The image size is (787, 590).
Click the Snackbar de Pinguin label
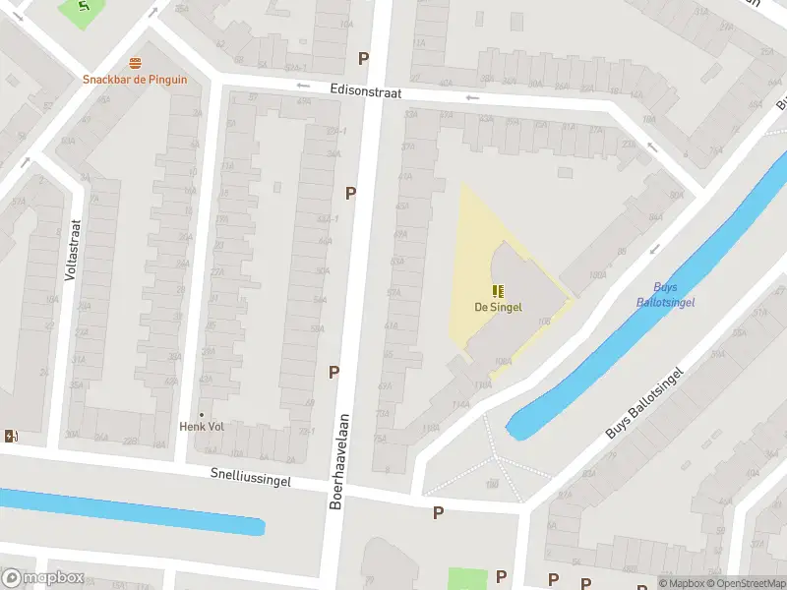[x=135, y=80]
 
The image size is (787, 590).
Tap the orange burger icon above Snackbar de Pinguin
[x=135, y=64]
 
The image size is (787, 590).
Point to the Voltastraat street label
[x=70, y=250]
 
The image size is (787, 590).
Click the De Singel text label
[x=498, y=307]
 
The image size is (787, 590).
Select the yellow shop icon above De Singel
[x=498, y=290]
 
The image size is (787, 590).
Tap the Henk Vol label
[x=202, y=427]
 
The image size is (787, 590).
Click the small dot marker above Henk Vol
[x=202, y=414]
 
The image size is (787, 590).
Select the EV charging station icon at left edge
[x=11, y=437]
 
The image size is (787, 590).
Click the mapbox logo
[x=41, y=577]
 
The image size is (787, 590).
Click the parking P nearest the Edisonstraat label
[x=363, y=58]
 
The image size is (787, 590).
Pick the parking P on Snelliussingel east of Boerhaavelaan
[x=438, y=512]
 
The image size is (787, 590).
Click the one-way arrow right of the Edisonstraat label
[x=472, y=97]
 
